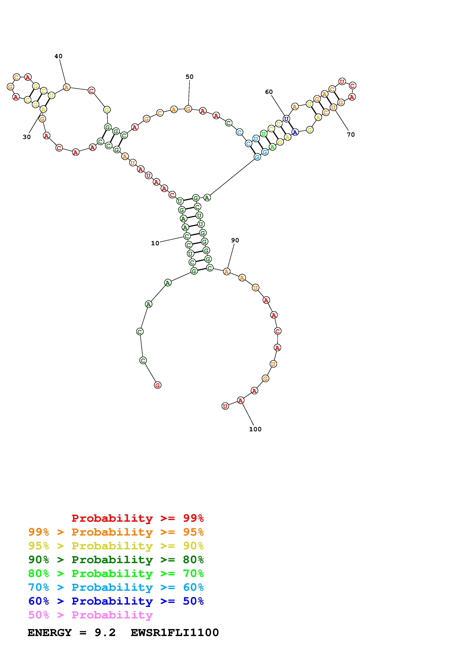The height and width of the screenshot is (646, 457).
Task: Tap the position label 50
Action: coord(190,77)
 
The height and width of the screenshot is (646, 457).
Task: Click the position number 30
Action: coord(27,137)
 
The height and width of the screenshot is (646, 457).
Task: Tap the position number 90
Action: coord(235,240)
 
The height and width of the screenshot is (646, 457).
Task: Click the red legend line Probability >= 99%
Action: coord(138,518)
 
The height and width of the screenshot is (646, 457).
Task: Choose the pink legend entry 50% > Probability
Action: coord(90,615)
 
